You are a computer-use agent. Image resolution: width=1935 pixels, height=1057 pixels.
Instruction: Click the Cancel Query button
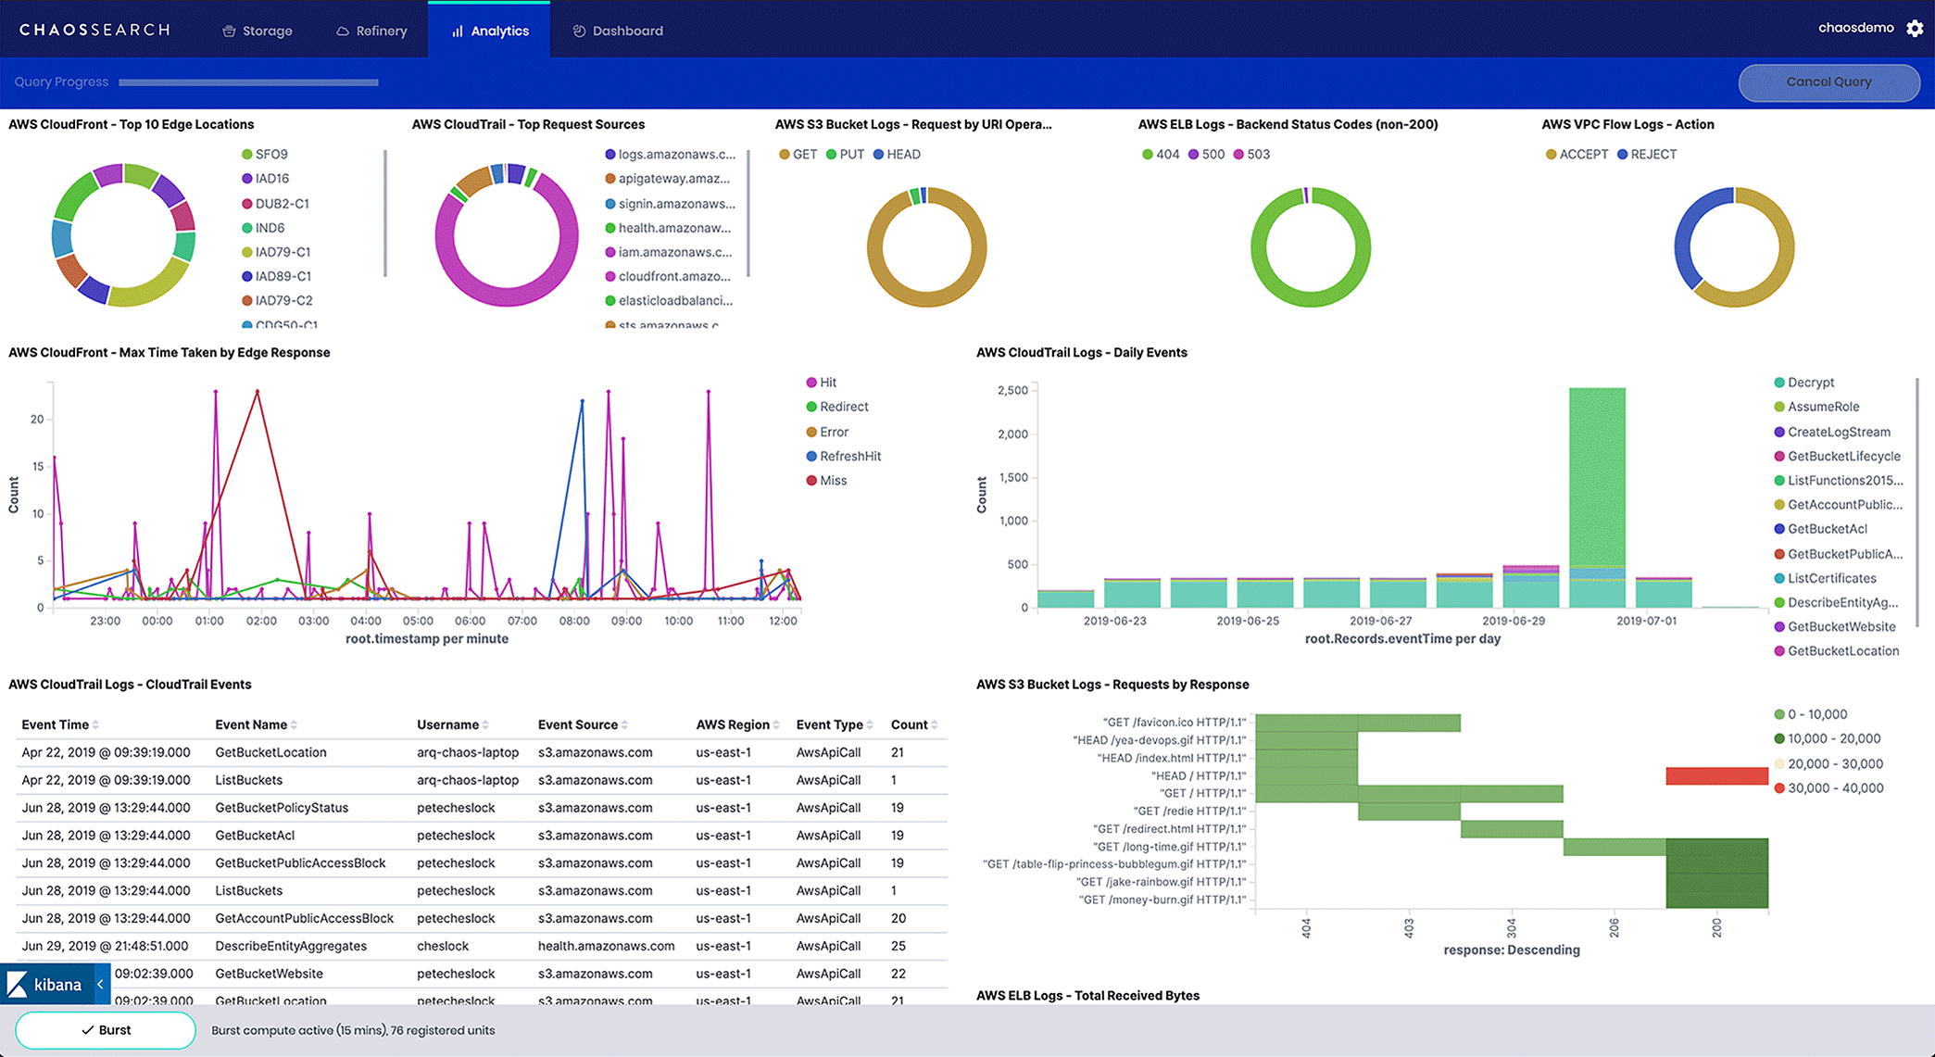(x=1828, y=82)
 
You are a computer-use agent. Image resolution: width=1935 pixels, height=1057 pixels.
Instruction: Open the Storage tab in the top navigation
(x=258, y=31)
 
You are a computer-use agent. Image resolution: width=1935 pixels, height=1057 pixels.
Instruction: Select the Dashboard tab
(x=618, y=31)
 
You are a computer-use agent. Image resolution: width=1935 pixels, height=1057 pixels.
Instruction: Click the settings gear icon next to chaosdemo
(x=1915, y=29)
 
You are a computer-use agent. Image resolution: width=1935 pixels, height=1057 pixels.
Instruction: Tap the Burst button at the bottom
(x=106, y=1030)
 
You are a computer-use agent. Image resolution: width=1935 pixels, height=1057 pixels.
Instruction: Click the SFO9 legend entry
(x=270, y=155)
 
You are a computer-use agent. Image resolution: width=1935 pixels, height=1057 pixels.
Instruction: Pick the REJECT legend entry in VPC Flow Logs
(x=1652, y=155)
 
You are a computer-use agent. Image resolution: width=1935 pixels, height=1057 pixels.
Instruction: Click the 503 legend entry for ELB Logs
(x=1257, y=155)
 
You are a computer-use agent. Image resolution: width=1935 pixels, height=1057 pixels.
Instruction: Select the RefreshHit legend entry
(x=849, y=457)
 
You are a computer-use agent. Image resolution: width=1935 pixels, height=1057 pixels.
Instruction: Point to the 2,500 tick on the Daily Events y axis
(x=1012, y=391)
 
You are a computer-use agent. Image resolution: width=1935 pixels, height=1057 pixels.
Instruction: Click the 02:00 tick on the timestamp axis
(x=261, y=621)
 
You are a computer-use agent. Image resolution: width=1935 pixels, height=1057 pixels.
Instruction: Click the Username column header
(x=447, y=724)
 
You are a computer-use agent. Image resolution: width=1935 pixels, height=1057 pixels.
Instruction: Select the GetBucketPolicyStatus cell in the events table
(x=282, y=808)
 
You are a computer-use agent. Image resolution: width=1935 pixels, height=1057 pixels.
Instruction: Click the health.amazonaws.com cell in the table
(x=606, y=946)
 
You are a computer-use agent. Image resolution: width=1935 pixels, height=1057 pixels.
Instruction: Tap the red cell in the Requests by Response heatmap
(x=1716, y=776)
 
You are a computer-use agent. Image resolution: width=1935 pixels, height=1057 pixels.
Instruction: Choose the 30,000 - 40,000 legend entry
(x=1834, y=788)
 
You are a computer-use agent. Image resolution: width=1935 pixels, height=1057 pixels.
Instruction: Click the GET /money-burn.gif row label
(x=1164, y=900)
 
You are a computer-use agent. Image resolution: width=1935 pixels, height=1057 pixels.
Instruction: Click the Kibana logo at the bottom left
(x=46, y=985)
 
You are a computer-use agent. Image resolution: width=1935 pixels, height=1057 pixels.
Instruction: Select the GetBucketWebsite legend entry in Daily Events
(x=1841, y=627)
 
